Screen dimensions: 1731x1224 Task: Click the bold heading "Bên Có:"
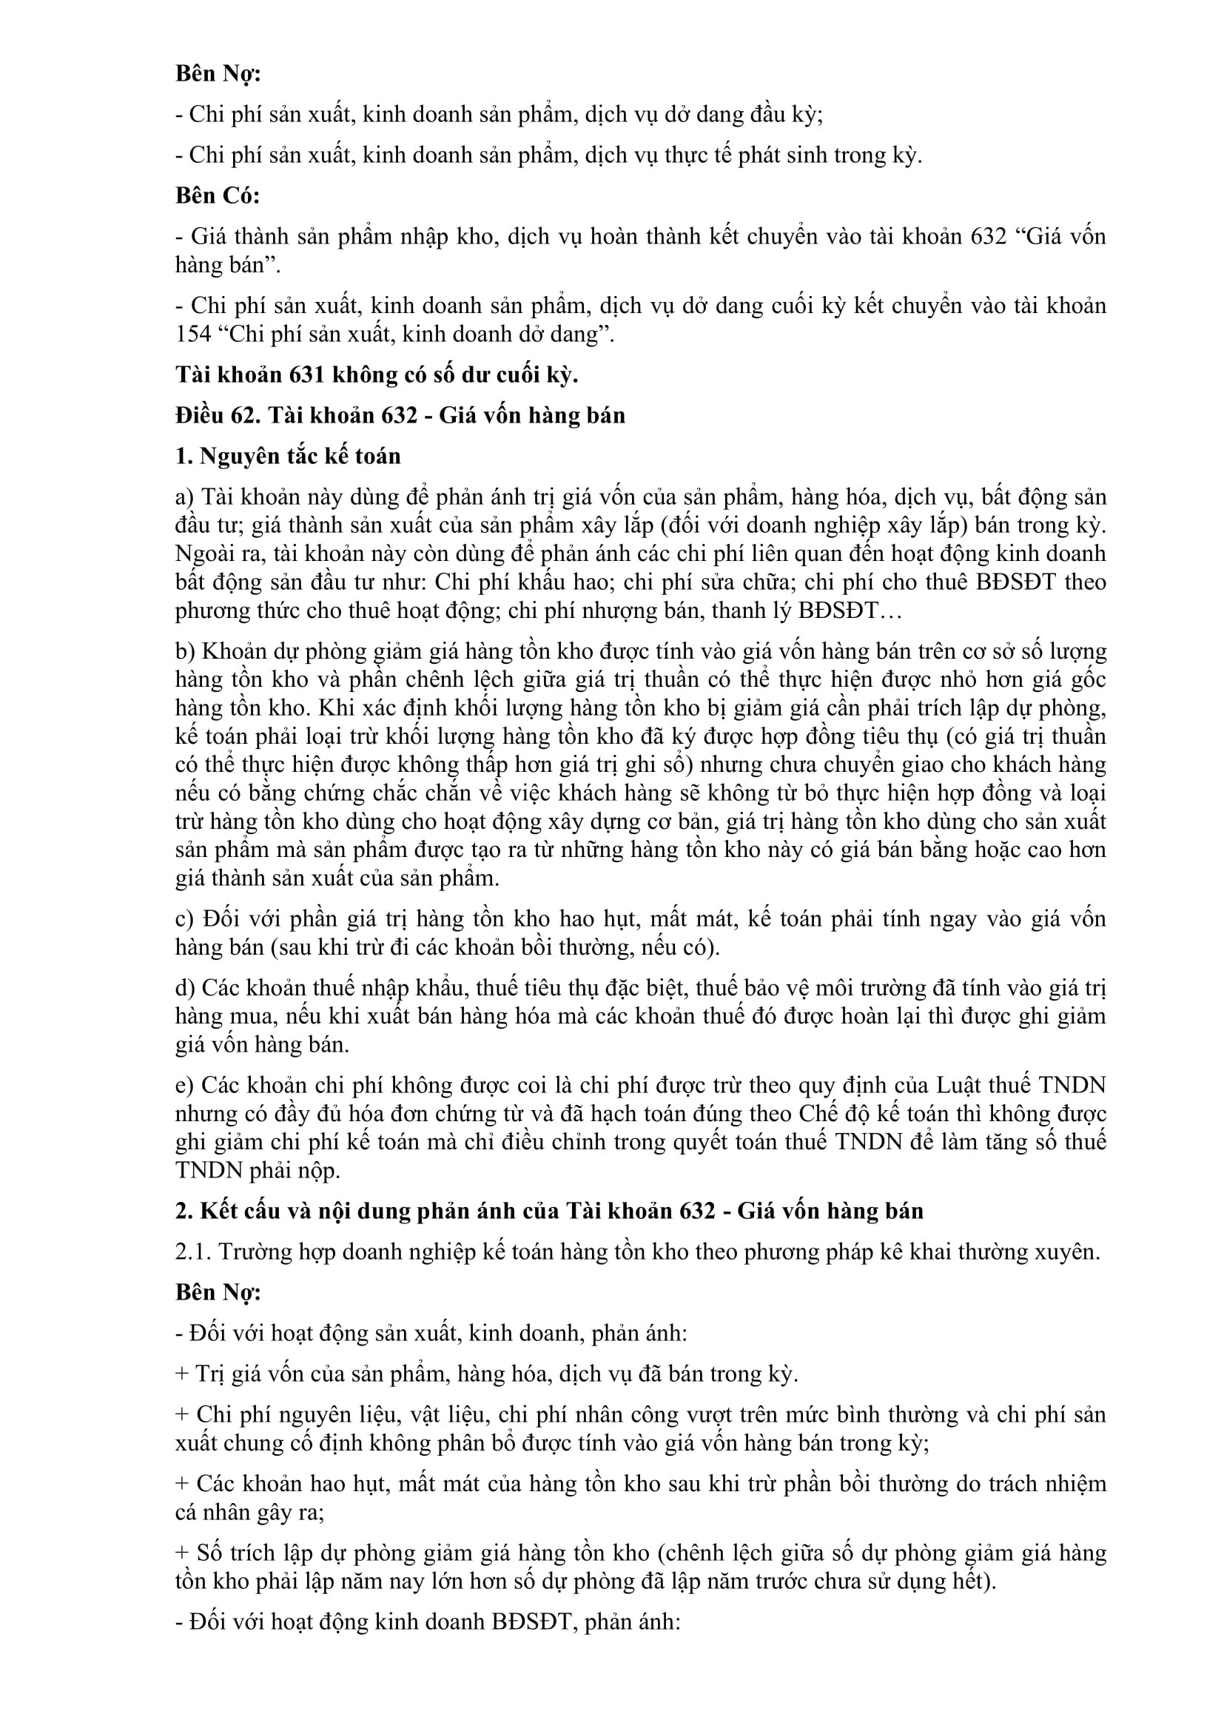(x=217, y=195)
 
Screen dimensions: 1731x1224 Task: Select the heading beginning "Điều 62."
(x=400, y=415)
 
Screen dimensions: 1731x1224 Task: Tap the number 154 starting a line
(x=193, y=334)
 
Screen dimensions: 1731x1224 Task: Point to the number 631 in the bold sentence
(x=309, y=374)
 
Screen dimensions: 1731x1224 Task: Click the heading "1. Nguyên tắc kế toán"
(x=288, y=456)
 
